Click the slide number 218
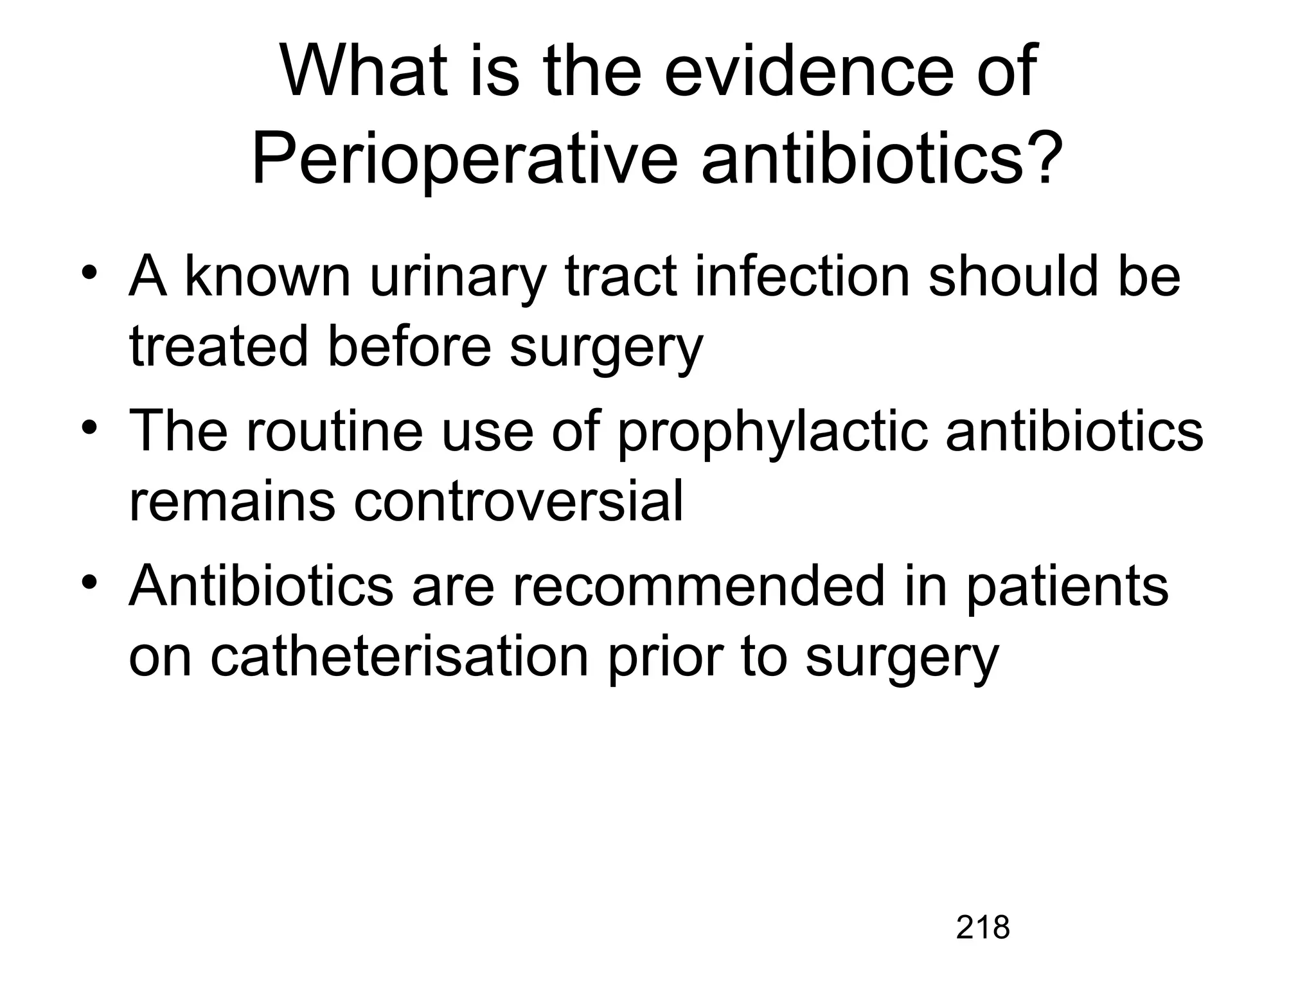tap(983, 927)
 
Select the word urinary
tap(458, 278)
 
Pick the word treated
tap(218, 347)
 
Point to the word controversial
tap(518, 501)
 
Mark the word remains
tap(232, 501)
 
